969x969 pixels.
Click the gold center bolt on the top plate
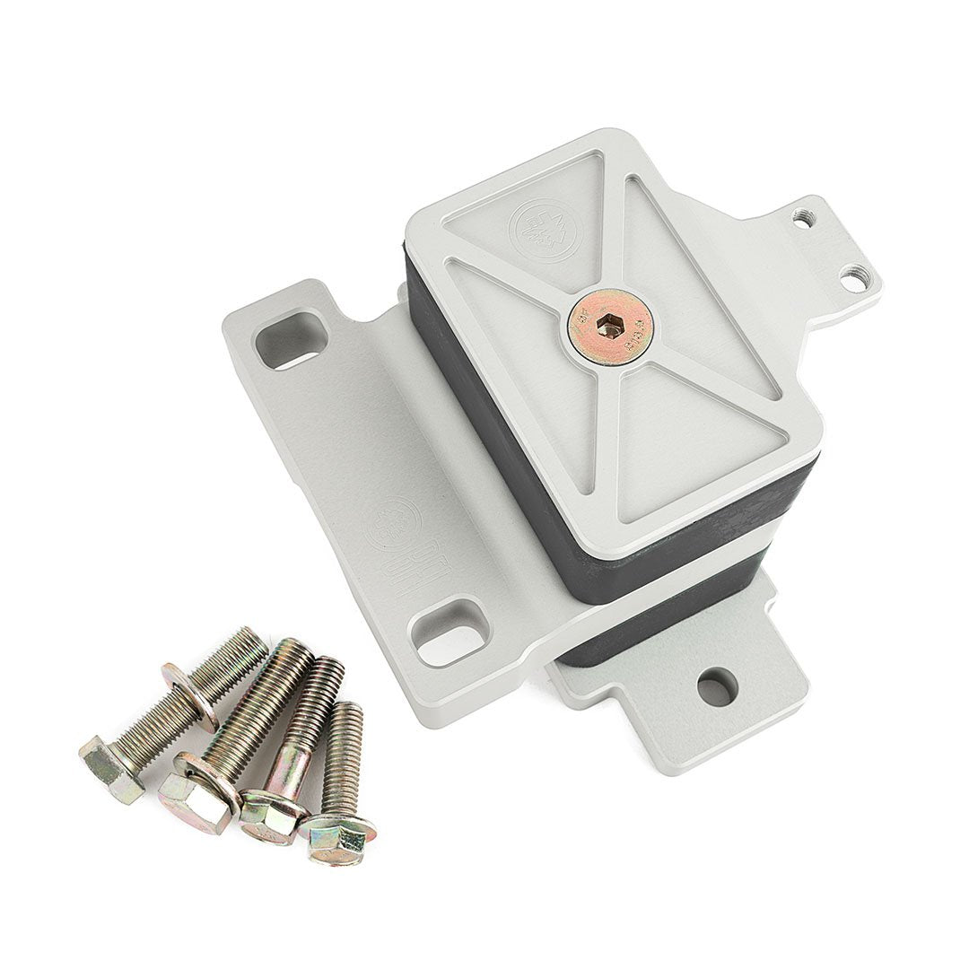(609, 327)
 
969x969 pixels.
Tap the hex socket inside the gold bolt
(609, 328)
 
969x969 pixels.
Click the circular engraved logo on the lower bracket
(393, 521)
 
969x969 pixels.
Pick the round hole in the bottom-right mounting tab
(717, 687)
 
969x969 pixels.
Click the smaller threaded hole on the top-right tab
(801, 218)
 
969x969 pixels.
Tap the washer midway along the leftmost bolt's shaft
(190, 694)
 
